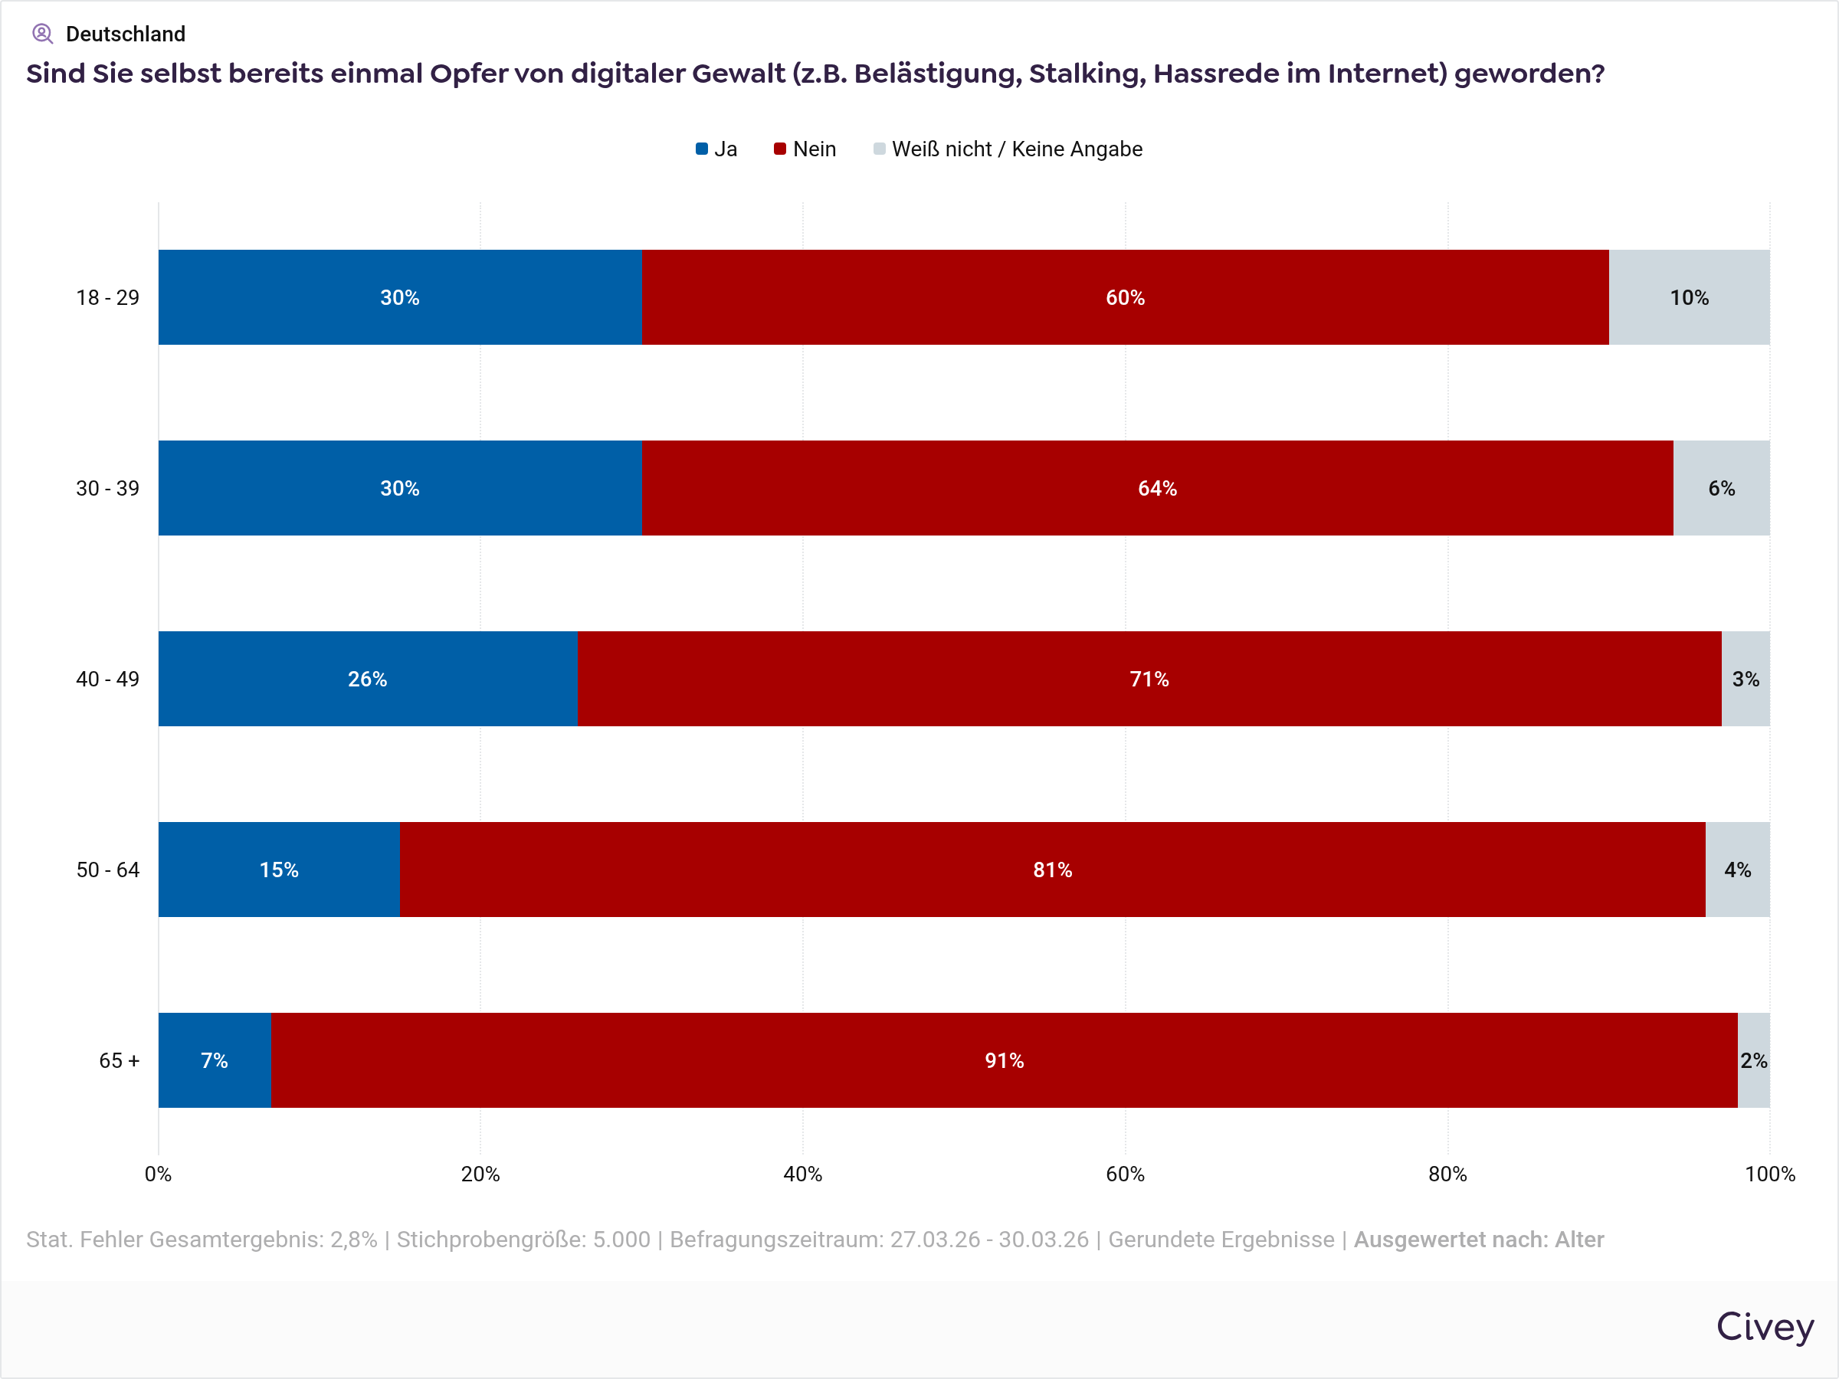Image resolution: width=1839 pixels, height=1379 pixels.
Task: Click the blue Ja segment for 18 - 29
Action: coord(399,296)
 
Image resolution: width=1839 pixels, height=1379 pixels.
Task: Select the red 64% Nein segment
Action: coord(1156,488)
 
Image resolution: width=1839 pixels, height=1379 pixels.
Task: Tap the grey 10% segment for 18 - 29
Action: coord(1689,296)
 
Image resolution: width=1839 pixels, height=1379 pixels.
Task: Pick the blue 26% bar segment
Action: coord(368,678)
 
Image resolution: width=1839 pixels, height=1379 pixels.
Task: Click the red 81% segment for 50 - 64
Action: coord(1052,870)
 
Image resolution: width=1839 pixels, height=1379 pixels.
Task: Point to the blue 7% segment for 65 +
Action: coord(215,1060)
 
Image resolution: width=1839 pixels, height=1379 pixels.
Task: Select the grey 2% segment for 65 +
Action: coord(1753,1060)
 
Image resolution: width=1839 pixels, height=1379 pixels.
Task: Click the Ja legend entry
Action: coord(716,149)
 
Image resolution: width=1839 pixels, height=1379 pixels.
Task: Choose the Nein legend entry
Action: coord(805,149)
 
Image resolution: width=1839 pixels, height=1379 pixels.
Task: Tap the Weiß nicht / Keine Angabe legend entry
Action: coord(1008,149)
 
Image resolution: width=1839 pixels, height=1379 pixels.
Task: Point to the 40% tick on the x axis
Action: coord(802,1174)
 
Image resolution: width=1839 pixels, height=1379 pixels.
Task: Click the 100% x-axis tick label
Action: coord(1769,1174)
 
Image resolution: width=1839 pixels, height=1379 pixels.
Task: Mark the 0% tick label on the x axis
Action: coord(158,1174)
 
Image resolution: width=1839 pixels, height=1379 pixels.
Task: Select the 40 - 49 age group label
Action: coord(108,678)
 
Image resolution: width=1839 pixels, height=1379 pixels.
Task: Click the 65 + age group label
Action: coord(119,1060)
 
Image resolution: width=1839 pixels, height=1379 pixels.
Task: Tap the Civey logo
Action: coord(1764,1327)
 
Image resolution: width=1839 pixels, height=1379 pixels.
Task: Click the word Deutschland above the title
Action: coord(126,34)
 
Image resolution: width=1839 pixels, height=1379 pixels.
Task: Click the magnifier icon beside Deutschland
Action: coord(42,34)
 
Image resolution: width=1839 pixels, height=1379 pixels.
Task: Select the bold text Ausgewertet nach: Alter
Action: coord(1478,1240)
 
